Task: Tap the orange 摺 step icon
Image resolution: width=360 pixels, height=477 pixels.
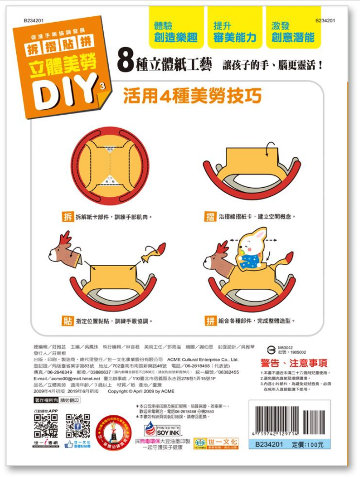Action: pos(210,217)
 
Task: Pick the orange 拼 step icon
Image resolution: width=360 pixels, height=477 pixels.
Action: pos(211,321)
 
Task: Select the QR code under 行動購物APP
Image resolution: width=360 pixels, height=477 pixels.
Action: pos(45,426)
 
